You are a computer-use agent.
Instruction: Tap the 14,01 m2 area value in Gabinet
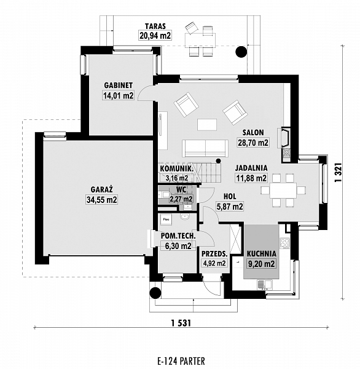[x=119, y=95]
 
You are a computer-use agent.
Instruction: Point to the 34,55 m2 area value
[x=102, y=199]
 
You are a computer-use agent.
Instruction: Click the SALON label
[x=252, y=132]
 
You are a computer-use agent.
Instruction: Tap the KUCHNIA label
[x=262, y=253]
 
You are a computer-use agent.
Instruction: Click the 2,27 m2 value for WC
[x=181, y=199]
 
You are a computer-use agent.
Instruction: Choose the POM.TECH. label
[x=178, y=236]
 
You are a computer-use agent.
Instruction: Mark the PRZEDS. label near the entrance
[x=214, y=253]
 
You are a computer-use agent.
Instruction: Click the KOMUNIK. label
[x=177, y=169]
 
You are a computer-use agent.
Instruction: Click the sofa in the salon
[x=205, y=148]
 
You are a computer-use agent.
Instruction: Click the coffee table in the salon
[x=206, y=124]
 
